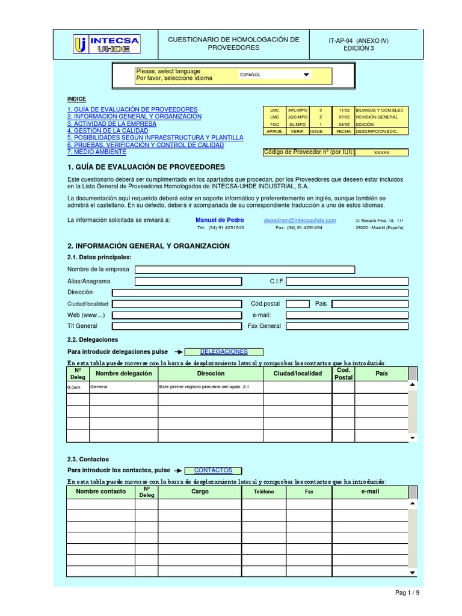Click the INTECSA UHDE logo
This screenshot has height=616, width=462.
point(106,44)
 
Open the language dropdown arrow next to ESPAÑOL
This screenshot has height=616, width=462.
point(306,75)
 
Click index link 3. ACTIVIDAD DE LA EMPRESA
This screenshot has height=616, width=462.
point(112,123)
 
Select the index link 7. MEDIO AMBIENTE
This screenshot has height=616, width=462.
point(97,152)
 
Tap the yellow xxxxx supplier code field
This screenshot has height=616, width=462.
point(381,153)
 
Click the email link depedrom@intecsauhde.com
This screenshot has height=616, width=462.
point(298,220)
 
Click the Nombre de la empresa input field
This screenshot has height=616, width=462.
point(245,269)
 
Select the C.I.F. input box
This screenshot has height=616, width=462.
point(346,281)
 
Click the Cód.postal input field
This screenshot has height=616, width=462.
point(297,304)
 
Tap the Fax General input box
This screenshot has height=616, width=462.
point(346,326)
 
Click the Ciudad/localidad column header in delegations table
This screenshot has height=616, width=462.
point(297,374)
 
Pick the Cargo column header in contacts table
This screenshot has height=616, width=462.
point(200,492)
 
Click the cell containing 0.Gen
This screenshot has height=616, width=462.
point(78,387)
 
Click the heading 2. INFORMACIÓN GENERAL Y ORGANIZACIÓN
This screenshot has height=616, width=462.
point(149,246)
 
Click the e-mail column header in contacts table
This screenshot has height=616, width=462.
point(370,492)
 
